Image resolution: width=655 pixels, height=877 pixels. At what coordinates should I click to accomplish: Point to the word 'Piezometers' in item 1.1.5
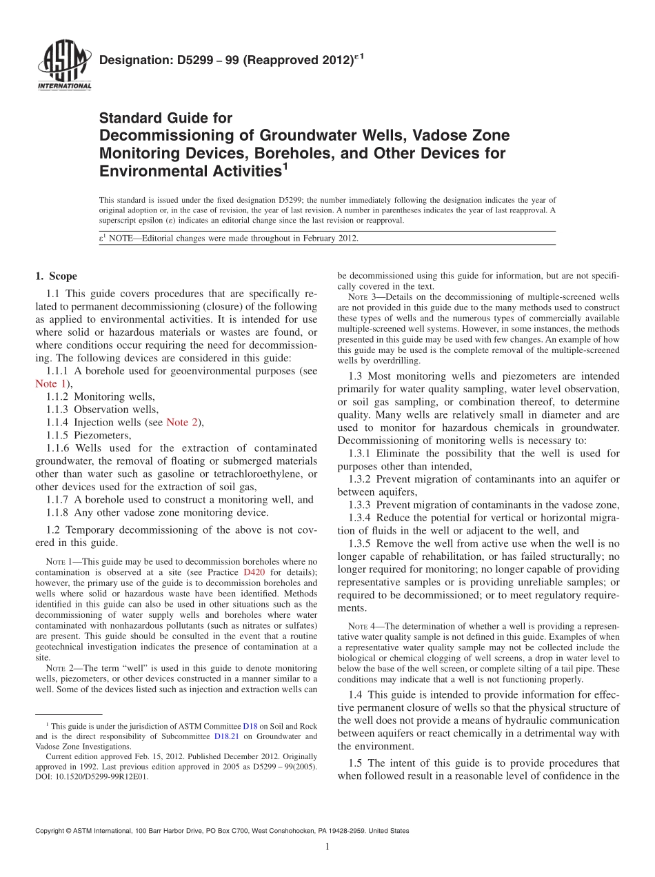[101, 435]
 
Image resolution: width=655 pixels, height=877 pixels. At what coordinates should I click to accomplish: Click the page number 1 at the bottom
[327, 847]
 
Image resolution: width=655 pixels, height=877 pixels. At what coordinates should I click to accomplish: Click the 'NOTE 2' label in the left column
[61, 668]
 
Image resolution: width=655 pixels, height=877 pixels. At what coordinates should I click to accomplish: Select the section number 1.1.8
[58, 512]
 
